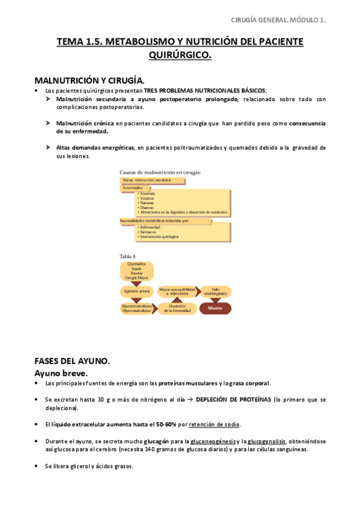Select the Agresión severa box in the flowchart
coord(136,291)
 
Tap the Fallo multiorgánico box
coord(215,291)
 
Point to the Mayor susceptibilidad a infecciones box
coord(176,291)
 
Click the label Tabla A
coord(128,256)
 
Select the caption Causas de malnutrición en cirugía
coord(160,172)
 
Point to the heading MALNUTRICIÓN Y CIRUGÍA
coord(90,80)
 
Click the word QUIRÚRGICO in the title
coord(180,55)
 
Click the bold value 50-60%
coord(166,424)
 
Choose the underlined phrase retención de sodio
coord(215,424)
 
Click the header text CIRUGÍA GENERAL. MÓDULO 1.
coord(279,20)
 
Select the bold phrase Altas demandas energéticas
coord(95,147)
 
